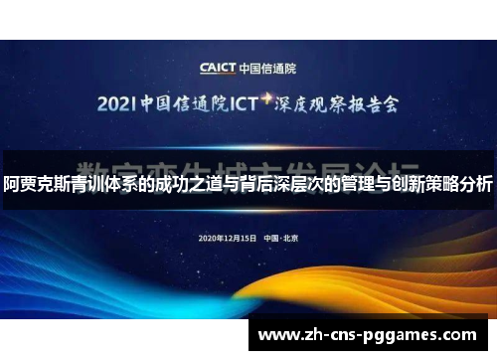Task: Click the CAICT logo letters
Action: pyautogui.click(x=217, y=69)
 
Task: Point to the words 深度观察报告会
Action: pyautogui.click(x=338, y=102)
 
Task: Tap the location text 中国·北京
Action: pyautogui.click(x=281, y=239)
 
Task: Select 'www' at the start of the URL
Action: pyautogui.click(x=281, y=335)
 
